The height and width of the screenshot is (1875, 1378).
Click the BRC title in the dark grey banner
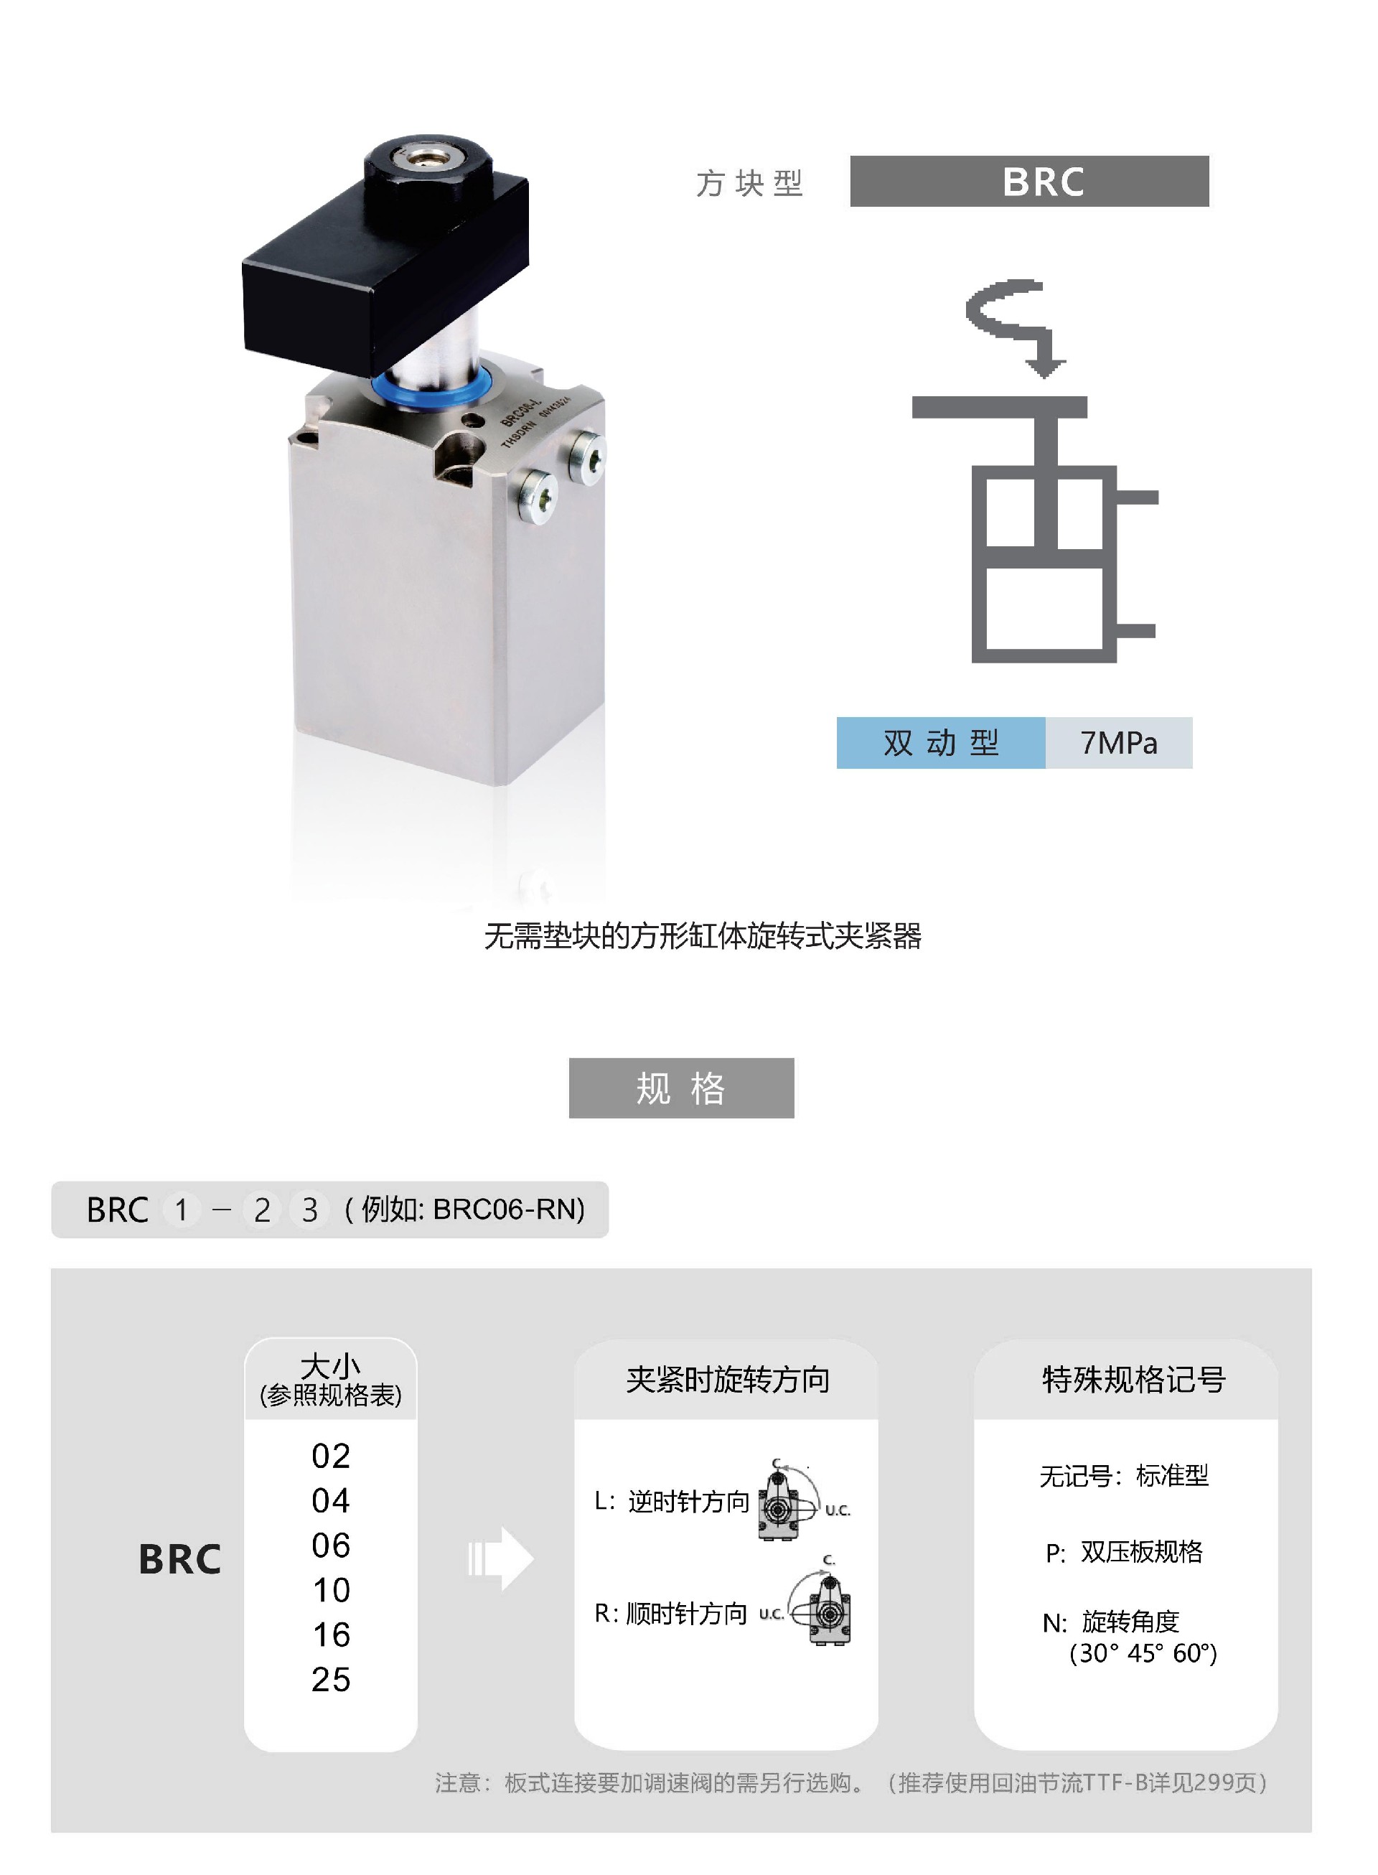tap(1043, 182)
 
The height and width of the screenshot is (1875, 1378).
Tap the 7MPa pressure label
tap(1119, 742)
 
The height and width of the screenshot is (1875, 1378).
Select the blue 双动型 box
tap(941, 742)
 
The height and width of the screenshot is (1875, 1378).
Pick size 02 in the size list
tap(330, 1456)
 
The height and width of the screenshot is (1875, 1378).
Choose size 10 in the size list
tap(330, 1590)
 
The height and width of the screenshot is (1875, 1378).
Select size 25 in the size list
tap(330, 1679)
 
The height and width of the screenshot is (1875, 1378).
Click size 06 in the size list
tap(330, 1545)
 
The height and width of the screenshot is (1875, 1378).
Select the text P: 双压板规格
tap(1124, 1551)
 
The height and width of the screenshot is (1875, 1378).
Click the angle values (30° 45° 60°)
tap(1143, 1652)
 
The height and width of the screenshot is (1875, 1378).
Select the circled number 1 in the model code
tap(181, 1210)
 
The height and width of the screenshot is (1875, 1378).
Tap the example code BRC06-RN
tap(508, 1209)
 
